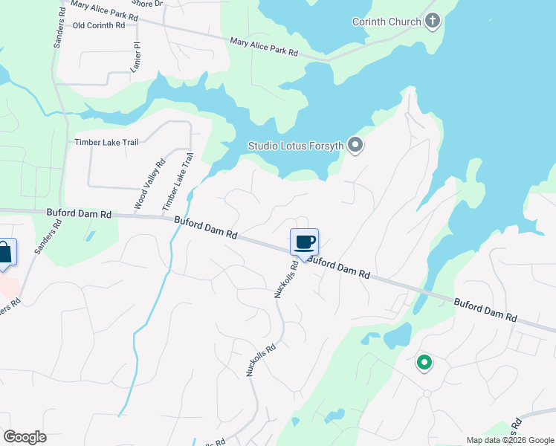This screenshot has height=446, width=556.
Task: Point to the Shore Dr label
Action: pos(148,4)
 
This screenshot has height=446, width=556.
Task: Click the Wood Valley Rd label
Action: pos(149,184)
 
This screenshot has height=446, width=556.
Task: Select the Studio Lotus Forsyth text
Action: pos(296,146)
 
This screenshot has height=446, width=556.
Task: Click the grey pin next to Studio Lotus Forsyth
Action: pos(355,146)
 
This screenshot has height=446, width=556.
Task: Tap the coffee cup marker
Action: pos(304,242)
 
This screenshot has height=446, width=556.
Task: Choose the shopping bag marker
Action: pos(4,252)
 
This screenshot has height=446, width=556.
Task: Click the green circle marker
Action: pos(424,363)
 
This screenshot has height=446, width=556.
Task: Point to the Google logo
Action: pos(25,437)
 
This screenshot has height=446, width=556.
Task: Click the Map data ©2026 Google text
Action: pos(511,440)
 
